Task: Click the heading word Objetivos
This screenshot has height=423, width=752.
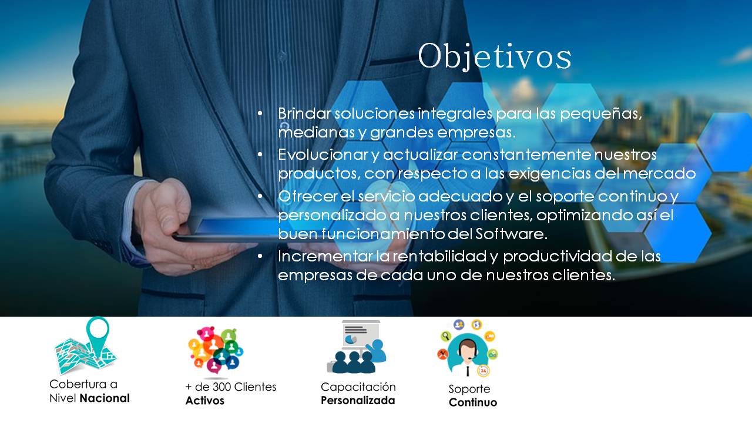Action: click(x=494, y=56)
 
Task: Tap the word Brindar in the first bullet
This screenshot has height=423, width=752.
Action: click(x=304, y=113)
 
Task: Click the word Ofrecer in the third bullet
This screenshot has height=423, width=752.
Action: click(x=307, y=196)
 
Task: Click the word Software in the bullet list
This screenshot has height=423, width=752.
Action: click(x=511, y=234)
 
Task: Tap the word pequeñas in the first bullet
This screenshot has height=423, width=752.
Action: click(x=601, y=114)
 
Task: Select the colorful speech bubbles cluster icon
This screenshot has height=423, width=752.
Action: click(x=216, y=350)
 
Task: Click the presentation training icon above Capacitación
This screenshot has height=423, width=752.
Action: click(x=357, y=347)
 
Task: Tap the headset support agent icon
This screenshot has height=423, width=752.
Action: click(x=468, y=348)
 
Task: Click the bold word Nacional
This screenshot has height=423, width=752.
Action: click(x=105, y=398)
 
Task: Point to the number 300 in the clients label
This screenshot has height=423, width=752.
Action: click(x=221, y=387)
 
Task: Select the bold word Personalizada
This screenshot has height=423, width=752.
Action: click(x=358, y=401)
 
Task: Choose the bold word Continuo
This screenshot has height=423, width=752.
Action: click(x=473, y=402)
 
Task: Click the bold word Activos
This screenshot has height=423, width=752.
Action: click(x=205, y=401)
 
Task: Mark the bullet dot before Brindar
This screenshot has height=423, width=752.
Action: click(x=260, y=114)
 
